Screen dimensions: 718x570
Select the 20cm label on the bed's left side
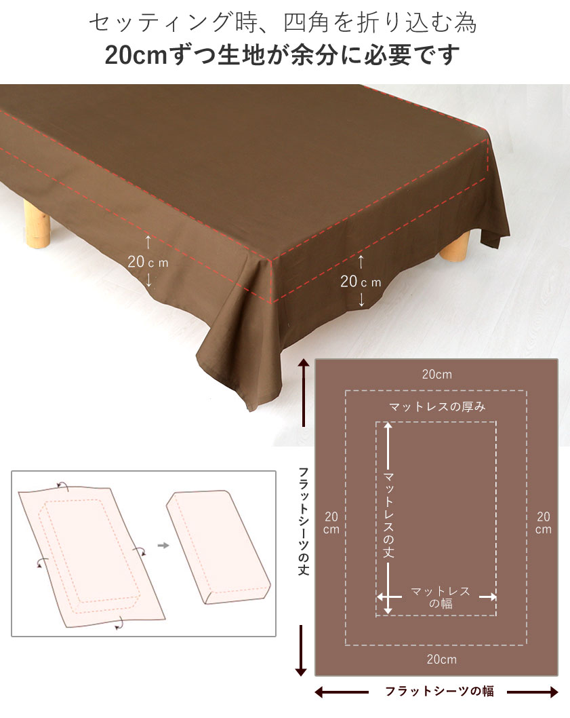point(148,261)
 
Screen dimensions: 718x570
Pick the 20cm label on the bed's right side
point(361,281)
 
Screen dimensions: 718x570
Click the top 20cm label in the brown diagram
point(436,374)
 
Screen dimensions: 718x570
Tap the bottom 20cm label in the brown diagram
point(436,659)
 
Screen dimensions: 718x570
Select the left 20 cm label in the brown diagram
point(331,522)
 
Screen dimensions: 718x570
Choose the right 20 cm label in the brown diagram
point(543,522)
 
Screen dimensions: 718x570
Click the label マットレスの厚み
point(436,407)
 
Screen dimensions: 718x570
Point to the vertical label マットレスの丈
point(388,515)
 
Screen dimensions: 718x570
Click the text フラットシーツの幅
point(439,692)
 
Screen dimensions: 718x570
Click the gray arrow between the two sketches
point(163,544)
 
